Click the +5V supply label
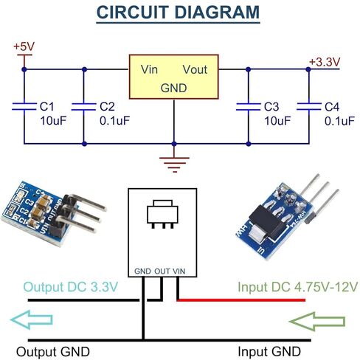click(24, 46)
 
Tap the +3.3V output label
click(325, 62)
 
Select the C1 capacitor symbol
click(24, 106)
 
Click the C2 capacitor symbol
click(84, 107)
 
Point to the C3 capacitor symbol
click(249, 107)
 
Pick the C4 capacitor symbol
click(309, 107)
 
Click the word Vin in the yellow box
click(149, 69)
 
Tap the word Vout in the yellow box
click(195, 69)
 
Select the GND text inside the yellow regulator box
click(173, 88)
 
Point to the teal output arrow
click(32, 319)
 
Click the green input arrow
click(317, 321)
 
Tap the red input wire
click(241, 300)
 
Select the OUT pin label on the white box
click(162, 271)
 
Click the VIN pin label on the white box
click(179, 271)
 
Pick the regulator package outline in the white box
click(162, 214)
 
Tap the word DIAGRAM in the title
click(217, 12)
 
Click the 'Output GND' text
click(53, 352)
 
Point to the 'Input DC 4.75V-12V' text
click(297, 287)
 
